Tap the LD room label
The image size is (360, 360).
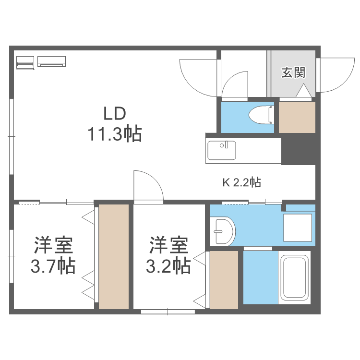(115, 114)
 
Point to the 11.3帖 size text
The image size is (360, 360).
(114, 134)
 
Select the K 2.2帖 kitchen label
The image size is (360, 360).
(241, 182)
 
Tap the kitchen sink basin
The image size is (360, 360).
(221, 150)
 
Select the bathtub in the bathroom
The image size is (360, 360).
(293, 278)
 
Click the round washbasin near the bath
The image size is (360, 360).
(224, 231)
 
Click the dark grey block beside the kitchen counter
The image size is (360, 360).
(298, 151)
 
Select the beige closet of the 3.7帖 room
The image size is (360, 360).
(114, 256)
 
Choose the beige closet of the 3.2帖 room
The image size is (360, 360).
(224, 280)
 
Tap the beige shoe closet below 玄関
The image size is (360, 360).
(297, 117)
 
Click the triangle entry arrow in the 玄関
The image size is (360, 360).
(304, 91)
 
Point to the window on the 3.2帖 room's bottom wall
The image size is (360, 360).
(168, 312)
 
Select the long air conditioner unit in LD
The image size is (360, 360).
(51, 61)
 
